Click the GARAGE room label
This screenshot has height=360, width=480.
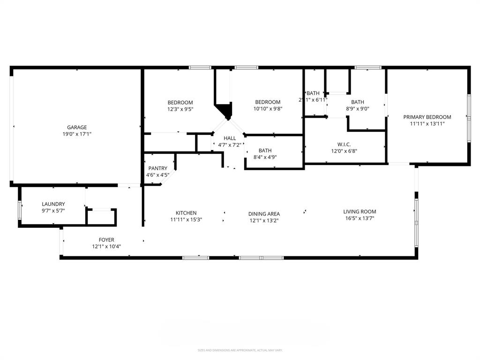tap(77, 127)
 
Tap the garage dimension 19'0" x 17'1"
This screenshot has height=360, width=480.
tap(77, 134)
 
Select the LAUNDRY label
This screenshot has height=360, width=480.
tap(53, 204)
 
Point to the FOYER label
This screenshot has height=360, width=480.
tap(106, 240)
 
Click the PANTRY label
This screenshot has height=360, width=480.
tap(157, 168)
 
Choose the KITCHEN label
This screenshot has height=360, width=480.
tap(186, 213)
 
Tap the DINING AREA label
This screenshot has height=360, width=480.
tap(264, 214)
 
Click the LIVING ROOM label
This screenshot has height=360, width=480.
tap(360, 211)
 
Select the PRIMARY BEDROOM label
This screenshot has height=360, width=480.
tap(427, 117)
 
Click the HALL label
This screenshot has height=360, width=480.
tap(230, 138)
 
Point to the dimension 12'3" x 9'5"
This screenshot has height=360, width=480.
tap(180, 109)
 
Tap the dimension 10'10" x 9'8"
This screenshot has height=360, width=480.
tap(268, 109)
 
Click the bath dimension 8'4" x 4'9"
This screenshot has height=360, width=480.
tap(265, 157)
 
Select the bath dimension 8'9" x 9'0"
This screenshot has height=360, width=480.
tap(357, 109)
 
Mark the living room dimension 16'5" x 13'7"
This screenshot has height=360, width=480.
tap(360, 218)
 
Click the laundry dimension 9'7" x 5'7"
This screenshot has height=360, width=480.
tap(53, 210)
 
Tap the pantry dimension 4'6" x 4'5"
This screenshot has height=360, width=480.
tap(157, 175)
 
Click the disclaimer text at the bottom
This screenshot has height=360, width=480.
tap(240, 350)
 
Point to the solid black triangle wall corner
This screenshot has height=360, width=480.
tap(226, 112)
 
